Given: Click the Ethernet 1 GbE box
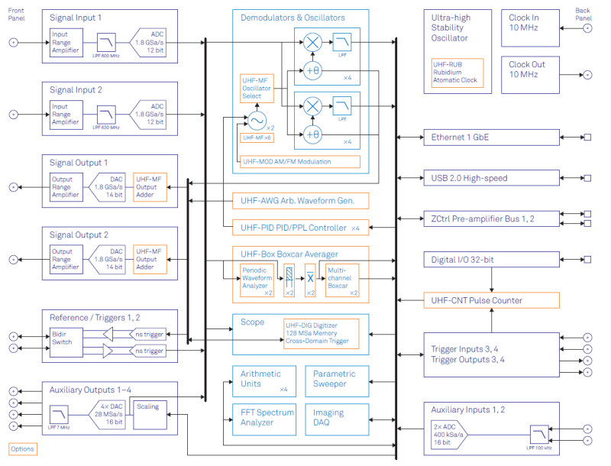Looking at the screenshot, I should click(491, 138).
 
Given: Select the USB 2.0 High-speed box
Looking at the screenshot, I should click(491, 178).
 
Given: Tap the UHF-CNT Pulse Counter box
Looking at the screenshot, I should click(491, 300).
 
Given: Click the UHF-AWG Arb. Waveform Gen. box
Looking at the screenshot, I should click(300, 201).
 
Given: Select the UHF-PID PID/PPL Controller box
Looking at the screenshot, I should click(300, 228).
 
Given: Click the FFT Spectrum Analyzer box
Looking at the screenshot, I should click(263, 417).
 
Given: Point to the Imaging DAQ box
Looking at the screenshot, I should click(337, 417).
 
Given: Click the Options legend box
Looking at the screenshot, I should click(23, 449).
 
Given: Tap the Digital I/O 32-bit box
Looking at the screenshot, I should click(491, 261).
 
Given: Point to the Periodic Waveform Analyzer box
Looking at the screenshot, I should click(257, 280).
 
